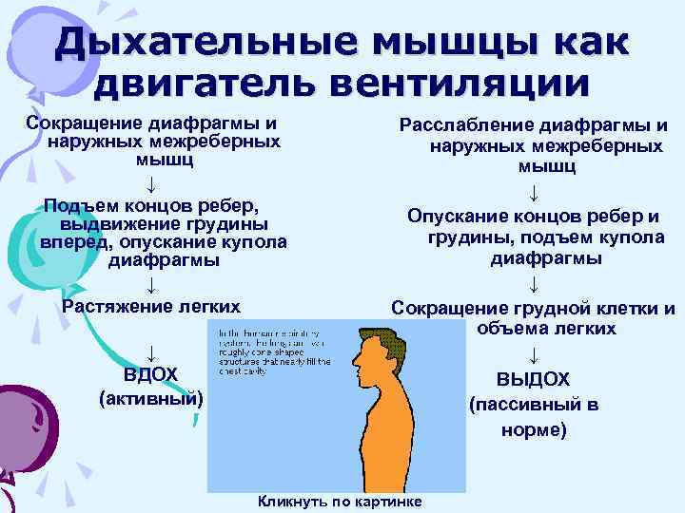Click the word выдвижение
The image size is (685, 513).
pyautogui.click(x=129, y=224)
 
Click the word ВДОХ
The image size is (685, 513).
pyautogui.click(x=151, y=373)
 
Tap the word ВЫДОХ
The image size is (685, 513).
pyautogui.click(x=534, y=379)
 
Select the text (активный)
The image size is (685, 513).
pyautogui.click(x=151, y=397)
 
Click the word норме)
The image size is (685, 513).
pyautogui.click(x=534, y=428)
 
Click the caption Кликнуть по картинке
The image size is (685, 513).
pyautogui.click(x=341, y=502)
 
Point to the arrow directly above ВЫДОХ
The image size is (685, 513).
pyautogui.click(x=534, y=355)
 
